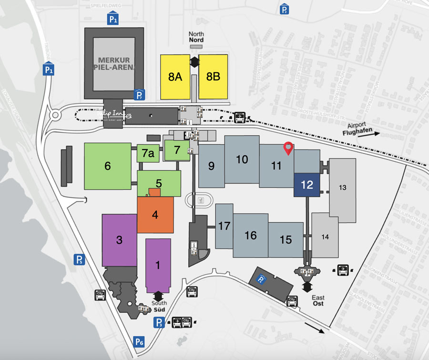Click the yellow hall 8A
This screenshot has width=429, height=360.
click(x=175, y=77)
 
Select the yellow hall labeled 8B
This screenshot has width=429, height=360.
click(x=213, y=77)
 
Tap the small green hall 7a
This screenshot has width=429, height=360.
click(x=148, y=153)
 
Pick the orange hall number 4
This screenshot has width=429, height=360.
click(x=155, y=214)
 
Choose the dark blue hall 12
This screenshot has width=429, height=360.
click(x=307, y=185)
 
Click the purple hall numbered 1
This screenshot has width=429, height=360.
click(x=158, y=265)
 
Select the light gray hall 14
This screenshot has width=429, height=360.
click(x=325, y=237)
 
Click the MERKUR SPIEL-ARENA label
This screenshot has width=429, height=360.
click(x=114, y=63)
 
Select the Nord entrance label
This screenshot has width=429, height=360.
click(x=196, y=40)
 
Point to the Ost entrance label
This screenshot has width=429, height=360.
click(x=318, y=303)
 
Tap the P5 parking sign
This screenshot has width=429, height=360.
click(x=79, y=260)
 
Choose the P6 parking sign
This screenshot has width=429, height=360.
click(x=139, y=341)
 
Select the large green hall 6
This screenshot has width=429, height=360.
click(x=108, y=166)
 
